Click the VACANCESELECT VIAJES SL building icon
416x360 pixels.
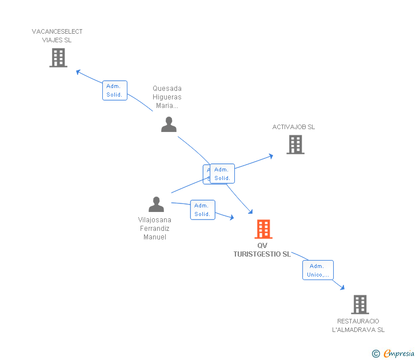click(x=58, y=58)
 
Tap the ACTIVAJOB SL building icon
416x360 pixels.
click(x=295, y=145)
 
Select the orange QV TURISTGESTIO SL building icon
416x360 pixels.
click(x=263, y=229)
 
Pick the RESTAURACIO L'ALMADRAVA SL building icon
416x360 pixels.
click(x=359, y=305)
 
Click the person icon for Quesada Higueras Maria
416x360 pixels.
click(x=169, y=125)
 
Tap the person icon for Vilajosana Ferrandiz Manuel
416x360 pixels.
click(x=156, y=204)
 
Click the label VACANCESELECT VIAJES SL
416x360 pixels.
click(x=57, y=36)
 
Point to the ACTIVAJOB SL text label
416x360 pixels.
click(x=293, y=127)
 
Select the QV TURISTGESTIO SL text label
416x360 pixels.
click(x=262, y=250)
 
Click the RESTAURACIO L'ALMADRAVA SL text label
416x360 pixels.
click(x=358, y=325)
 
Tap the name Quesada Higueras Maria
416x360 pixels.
click(x=167, y=97)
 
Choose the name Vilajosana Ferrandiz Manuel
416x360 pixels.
click(x=154, y=228)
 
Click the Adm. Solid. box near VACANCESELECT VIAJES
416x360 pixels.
click(x=114, y=90)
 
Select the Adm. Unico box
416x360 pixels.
click(x=318, y=270)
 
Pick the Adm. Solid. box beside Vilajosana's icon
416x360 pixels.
click(x=202, y=210)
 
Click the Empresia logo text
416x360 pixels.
click(x=399, y=353)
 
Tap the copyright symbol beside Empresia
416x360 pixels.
click(x=375, y=354)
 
